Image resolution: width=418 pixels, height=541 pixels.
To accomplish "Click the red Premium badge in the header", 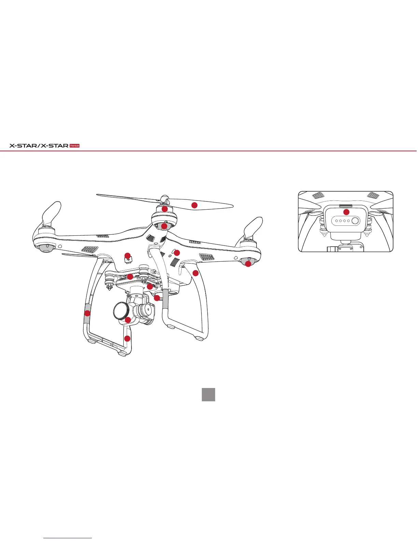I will (x=74, y=146).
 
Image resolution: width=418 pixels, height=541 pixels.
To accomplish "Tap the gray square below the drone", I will (x=208, y=394).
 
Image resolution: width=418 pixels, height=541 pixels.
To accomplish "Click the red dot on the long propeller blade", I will (x=194, y=205).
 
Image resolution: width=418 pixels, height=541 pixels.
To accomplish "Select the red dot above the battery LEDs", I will (x=346, y=212).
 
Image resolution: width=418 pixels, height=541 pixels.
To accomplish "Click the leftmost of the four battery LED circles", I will (x=336, y=221).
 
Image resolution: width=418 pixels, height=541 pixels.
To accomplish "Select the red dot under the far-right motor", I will (x=248, y=264).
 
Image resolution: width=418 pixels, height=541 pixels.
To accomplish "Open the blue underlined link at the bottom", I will (x=68, y=538).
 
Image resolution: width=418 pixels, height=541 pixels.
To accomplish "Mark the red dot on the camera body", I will (x=128, y=320).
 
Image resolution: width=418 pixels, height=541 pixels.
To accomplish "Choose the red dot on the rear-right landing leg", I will (x=195, y=273).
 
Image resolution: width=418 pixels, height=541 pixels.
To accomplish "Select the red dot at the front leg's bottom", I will (x=127, y=339).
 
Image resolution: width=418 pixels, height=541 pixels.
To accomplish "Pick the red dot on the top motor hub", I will (x=164, y=209).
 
